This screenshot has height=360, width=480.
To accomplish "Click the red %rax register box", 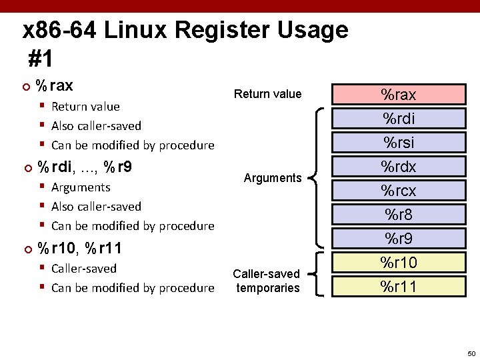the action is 398,95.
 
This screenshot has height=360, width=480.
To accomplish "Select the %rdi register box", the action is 398,119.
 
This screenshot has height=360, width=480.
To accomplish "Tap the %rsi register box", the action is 398,142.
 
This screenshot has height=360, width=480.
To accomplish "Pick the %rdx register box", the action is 398,166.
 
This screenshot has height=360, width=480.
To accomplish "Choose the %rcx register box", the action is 398,190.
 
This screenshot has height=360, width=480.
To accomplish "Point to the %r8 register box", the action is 398,214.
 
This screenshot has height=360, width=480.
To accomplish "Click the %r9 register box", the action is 398,238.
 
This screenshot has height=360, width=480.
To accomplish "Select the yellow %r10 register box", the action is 398,262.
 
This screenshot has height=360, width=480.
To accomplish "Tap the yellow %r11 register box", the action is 398,286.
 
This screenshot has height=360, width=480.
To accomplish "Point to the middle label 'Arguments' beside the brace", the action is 273,178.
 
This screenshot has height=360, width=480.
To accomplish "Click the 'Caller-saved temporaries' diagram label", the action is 267,281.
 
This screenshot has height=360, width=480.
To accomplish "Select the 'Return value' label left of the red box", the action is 267,94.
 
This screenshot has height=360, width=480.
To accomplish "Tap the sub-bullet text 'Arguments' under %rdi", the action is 80,187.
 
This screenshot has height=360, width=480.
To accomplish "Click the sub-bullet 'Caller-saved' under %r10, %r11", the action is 83,269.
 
